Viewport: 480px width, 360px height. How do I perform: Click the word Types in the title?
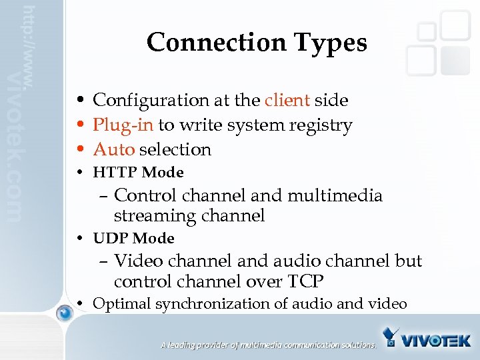click(x=331, y=43)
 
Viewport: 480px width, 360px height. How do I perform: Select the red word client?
click(x=287, y=100)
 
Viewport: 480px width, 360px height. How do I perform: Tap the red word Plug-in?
click(x=123, y=125)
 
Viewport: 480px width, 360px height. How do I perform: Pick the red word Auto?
click(x=113, y=149)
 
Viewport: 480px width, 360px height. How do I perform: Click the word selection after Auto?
click(x=175, y=149)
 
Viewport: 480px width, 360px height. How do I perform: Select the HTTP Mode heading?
click(x=138, y=172)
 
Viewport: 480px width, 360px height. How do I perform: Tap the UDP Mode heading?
click(x=133, y=238)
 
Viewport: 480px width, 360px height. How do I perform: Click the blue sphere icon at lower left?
click(x=64, y=313)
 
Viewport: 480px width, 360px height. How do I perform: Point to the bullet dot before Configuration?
click(x=79, y=101)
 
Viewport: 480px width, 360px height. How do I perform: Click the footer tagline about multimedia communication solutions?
click(x=268, y=345)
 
